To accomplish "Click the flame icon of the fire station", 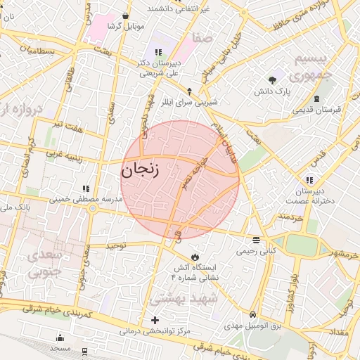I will point(195,257).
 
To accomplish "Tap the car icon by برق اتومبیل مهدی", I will point(253,314).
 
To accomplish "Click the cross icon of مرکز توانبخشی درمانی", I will point(155,321).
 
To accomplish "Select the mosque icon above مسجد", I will point(60,337).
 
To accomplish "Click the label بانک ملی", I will point(14,209).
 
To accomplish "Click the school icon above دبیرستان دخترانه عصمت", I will point(309,180).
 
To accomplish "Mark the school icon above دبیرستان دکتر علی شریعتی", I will point(158,52).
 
